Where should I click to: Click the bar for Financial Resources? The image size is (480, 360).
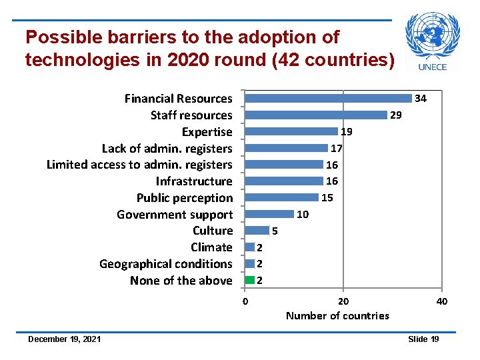coord(328,98)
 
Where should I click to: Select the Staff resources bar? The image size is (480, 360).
coord(316,115)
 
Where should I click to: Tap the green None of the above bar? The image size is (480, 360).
coord(250,280)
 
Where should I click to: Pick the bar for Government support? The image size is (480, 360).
coord(269,214)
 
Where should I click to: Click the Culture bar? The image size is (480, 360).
coord(257,231)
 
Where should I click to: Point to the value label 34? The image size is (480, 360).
coord(421,99)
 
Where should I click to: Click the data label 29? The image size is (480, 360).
coord(396,115)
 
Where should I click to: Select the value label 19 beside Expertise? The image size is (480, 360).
coord(347,132)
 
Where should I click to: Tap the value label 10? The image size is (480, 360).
coord(302,215)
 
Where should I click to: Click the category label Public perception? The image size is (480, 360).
coord(185,198)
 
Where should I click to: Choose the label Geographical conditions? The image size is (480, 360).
coord(166,264)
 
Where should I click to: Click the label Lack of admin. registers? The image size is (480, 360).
coord(167,148)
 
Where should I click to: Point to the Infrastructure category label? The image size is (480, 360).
coord(194,181)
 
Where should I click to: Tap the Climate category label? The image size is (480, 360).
coord(211,247)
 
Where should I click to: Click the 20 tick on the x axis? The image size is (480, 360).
coord(343,301)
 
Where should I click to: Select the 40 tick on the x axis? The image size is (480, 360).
coord(441,301)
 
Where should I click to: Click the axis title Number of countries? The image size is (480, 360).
coord(337,315)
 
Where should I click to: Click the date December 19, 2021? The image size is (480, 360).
coord(64,339)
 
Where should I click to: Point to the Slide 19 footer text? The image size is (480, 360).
coord(423,339)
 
